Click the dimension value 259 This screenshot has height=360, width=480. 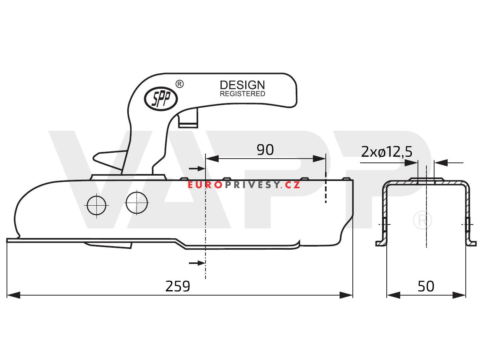click(178, 286)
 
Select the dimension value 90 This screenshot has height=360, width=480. click(265, 150)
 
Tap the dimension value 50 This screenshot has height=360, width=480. click(426, 286)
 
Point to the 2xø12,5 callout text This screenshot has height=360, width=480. click(386, 152)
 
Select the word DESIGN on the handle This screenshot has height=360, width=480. click(242, 85)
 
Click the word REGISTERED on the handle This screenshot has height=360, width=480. click(242, 94)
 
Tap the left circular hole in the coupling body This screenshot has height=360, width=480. click(96, 205)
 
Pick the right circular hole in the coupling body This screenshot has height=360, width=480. click(136, 203)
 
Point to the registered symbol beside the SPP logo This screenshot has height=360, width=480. click(179, 84)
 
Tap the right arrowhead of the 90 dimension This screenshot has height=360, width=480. click(320, 159)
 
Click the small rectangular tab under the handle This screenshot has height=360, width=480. click(188, 118)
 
